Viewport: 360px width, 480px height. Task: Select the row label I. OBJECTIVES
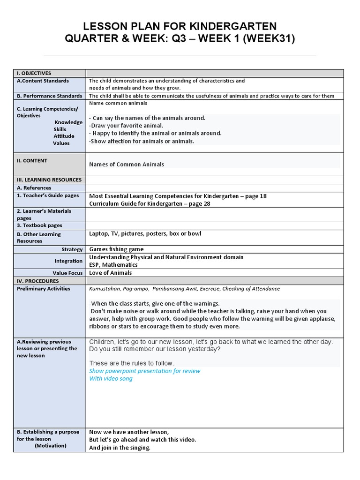34,73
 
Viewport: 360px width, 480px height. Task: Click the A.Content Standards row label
43,81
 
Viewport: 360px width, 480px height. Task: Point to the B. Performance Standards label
49,96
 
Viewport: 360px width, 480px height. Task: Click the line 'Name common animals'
118,103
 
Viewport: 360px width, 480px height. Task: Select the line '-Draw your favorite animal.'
126,126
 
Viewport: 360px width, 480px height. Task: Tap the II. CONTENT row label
32,160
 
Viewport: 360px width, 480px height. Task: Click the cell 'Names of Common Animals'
127,164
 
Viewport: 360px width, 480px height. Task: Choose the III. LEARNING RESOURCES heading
49,180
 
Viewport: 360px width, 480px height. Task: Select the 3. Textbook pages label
39,225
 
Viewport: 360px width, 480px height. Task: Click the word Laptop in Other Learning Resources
98,233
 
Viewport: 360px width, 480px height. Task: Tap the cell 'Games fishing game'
116,249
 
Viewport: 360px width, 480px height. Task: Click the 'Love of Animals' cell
111,273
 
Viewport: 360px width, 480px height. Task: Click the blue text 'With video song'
111,378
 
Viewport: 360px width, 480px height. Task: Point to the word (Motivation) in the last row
50,445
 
